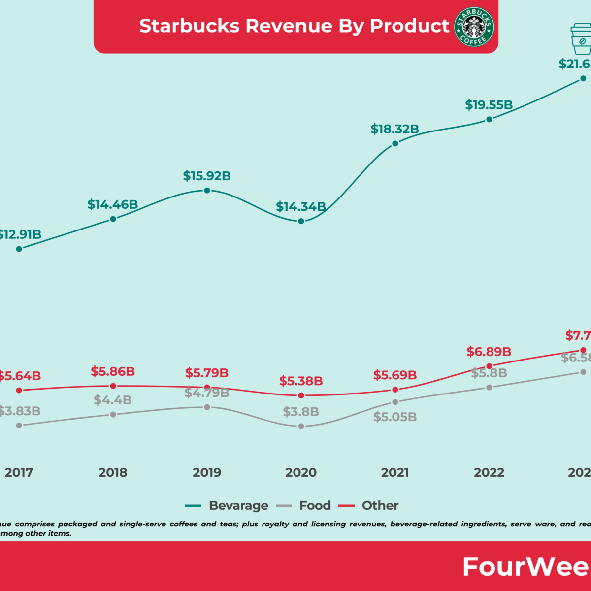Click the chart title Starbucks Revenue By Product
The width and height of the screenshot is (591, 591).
click(x=294, y=26)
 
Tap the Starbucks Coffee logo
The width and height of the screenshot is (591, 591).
click(x=474, y=27)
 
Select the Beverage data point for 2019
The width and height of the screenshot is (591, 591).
click(x=207, y=190)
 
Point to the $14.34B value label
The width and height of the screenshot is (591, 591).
click(x=300, y=207)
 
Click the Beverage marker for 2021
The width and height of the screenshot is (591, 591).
click(x=395, y=144)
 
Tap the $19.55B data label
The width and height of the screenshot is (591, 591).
click(x=489, y=105)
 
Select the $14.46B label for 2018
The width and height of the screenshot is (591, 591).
click(x=113, y=204)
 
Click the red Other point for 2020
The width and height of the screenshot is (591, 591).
click(x=301, y=395)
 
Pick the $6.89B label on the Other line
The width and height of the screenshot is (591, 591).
click(x=489, y=352)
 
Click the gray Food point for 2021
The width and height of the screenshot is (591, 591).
click(x=395, y=402)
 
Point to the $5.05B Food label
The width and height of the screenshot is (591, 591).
click(x=395, y=417)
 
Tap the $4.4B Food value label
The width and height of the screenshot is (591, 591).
click(x=113, y=400)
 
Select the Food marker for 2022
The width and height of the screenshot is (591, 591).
click(x=489, y=388)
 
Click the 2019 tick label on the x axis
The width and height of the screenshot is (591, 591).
click(x=207, y=473)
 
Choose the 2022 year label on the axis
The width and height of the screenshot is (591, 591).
click(x=489, y=473)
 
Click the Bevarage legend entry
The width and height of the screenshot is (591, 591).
click(x=238, y=506)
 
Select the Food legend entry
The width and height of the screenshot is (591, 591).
click(x=315, y=506)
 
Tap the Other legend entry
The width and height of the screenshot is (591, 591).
click(x=380, y=506)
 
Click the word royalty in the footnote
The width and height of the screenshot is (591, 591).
click(x=273, y=524)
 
